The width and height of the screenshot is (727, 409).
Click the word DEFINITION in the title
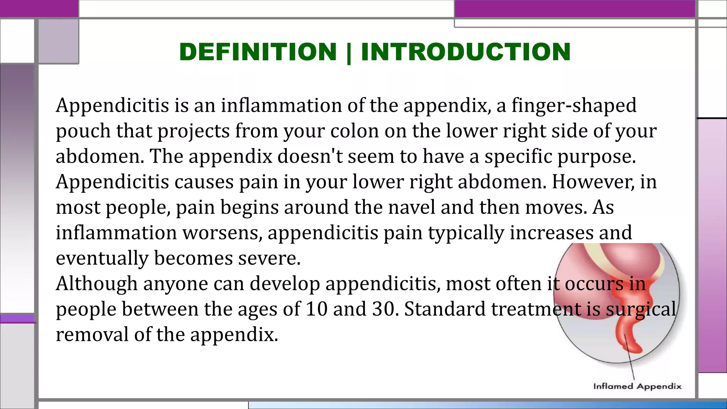point(258,52)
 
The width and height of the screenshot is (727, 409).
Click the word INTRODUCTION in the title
point(466,52)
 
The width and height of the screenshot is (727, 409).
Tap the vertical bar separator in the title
point(349,53)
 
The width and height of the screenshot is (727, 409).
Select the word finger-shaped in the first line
point(574,105)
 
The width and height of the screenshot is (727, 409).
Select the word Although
point(97,284)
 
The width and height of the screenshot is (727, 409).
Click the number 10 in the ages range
point(316,309)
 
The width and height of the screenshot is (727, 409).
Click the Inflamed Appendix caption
point(637,386)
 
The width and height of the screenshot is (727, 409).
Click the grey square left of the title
point(58,41)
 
